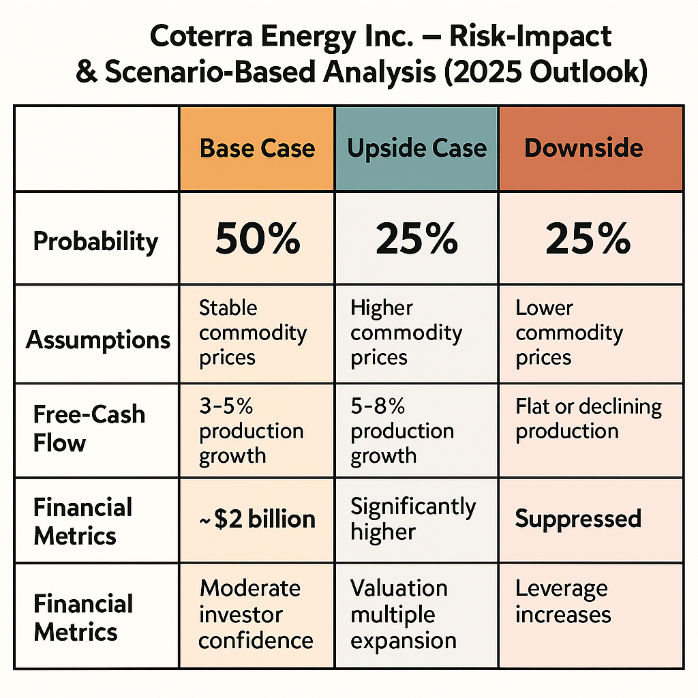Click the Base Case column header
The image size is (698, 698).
pyautogui.click(x=257, y=149)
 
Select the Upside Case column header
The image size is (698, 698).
pyautogui.click(x=416, y=149)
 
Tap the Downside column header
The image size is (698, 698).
pyautogui.click(x=583, y=149)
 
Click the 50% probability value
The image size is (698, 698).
pyautogui.click(x=257, y=239)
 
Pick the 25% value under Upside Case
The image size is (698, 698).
pyautogui.click(x=416, y=239)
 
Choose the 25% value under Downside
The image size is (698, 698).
pyautogui.click(x=588, y=239)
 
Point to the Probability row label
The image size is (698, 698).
pyautogui.click(x=95, y=241)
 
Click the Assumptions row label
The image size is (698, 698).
pyautogui.click(x=98, y=339)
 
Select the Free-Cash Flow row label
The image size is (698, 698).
pyautogui.click(x=89, y=428)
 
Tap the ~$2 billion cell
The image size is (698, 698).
pyautogui.click(x=257, y=519)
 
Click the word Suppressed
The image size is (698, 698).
pyautogui.click(x=578, y=519)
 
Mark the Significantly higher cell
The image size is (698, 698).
pyautogui.click(x=413, y=519)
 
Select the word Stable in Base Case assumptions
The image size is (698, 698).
pyautogui.click(x=228, y=307)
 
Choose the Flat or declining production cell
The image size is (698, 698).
pyautogui.click(x=588, y=419)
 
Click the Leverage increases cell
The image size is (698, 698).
pyautogui.click(x=562, y=601)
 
